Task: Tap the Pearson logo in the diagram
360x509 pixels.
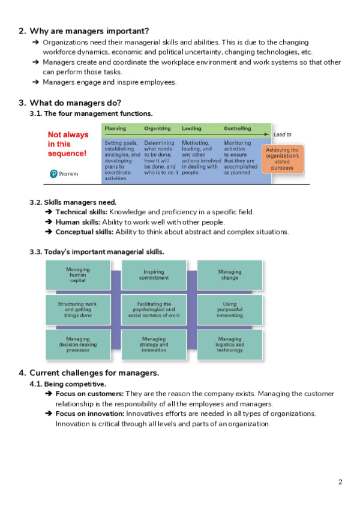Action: pyautogui.click(x=64, y=174)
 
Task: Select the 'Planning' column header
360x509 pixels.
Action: pyautogui.click(x=115, y=128)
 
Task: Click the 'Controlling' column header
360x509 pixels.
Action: pyautogui.click(x=238, y=128)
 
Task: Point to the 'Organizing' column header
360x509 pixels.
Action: pyautogui.click(x=157, y=128)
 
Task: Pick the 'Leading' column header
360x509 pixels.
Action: pyautogui.click(x=191, y=128)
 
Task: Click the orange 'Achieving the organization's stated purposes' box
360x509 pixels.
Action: pyautogui.click(x=282, y=159)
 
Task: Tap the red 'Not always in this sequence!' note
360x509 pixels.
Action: pyautogui.click(x=67, y=144)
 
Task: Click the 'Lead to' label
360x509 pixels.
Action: pyautogui.click(x=282, y=135)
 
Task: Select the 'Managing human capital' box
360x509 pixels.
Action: pyautogui.click(x=78, y=275)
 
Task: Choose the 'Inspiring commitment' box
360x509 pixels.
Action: pyautogui.click(x=154, y=275)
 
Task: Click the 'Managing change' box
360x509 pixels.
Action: pyautogui.click(x=229, y=275)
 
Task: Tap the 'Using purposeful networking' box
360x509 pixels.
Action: pyautogui.click(x=229, y=309)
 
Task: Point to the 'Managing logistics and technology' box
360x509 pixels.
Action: pyautogui.click(x=229, y=344)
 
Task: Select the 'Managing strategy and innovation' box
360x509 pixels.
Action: pyautogui.click(x=154, y=344)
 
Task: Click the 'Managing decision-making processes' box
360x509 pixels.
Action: pyautogui.click(x=78, y=344)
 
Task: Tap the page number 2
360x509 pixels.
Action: pyautogui.click(x=340, y=482)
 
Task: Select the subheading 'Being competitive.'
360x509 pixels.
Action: pyautogui.click(x=75, y=384)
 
